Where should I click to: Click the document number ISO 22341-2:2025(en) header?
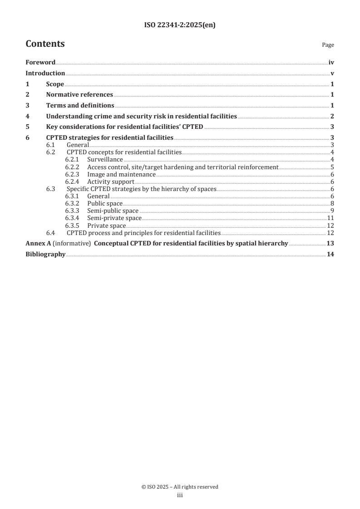point(180,25)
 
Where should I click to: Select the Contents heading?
point(45,44)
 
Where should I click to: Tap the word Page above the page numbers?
point(328,45)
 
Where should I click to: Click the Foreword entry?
point(40,63)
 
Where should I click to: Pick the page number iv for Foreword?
point(331,63)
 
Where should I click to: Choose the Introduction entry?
point(45,73)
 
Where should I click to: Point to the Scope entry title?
point(55,84)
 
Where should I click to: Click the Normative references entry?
point(79,95)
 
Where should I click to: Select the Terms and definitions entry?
point(80,106)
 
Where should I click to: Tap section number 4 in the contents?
point(28,117)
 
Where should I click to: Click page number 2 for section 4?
point(332,117)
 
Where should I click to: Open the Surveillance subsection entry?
point(105,160)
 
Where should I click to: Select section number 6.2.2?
point(72,167)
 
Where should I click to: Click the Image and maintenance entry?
point(121,174)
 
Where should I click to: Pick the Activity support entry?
point(110,181)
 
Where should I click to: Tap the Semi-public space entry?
point(113,211)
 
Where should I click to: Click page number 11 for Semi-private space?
point(331,218)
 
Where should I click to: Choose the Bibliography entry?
point(45,254)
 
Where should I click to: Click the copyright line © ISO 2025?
point(180,487)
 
